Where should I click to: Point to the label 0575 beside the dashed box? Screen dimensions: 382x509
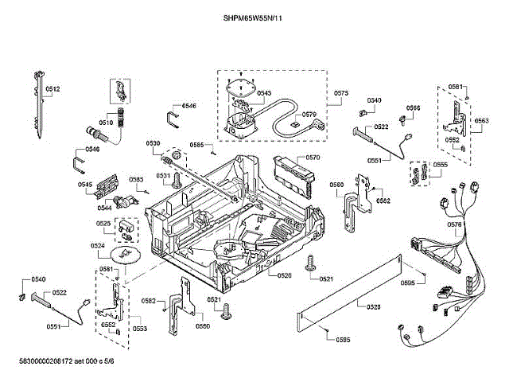341,93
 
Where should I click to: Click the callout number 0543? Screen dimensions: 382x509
264,93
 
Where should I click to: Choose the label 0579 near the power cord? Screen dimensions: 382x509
309,114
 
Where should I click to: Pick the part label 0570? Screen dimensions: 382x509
313,158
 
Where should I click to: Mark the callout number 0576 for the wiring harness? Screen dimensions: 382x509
455,225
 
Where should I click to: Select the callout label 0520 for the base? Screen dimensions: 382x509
285,275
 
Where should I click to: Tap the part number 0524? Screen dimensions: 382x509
98,246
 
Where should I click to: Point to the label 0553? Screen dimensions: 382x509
139,328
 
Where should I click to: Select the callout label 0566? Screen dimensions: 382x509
414,107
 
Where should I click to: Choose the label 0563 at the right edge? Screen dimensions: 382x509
482,121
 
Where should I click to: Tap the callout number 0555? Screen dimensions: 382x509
441,165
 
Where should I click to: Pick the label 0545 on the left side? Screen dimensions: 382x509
85,185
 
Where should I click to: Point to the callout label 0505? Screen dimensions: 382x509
407,282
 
